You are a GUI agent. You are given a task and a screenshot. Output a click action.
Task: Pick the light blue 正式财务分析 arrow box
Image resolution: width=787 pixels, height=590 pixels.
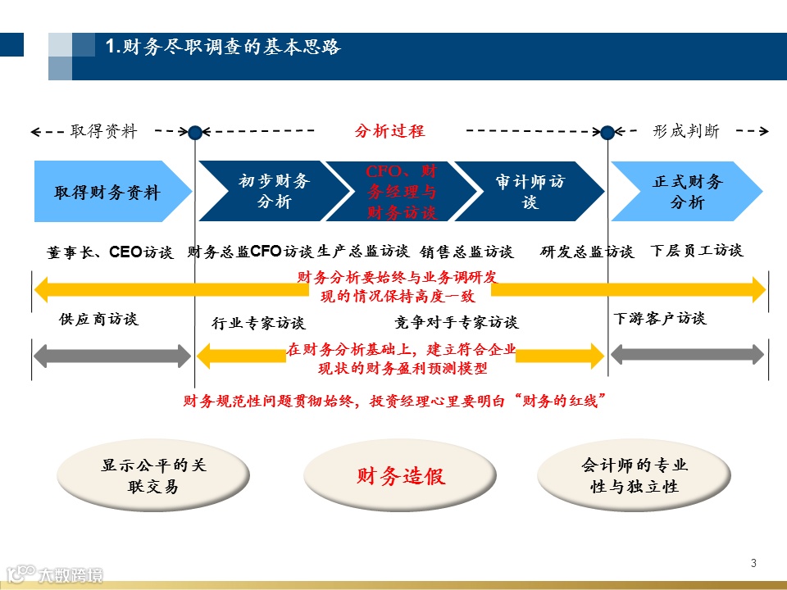pos(687,191)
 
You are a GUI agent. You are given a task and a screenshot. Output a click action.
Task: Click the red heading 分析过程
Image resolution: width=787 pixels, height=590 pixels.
pos(389,131)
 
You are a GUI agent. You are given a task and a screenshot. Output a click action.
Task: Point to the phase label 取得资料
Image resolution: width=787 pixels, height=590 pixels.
pos(104,131)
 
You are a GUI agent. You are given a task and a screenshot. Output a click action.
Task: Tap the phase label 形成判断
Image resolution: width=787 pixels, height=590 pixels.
pos(686,131)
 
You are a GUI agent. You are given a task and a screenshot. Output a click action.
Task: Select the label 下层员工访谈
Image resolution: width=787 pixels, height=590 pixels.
pos(696,251)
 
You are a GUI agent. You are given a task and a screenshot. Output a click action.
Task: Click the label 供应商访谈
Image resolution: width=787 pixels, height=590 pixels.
pos(98,320)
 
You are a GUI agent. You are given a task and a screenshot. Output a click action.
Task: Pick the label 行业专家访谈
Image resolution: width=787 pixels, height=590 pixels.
pos(257,323)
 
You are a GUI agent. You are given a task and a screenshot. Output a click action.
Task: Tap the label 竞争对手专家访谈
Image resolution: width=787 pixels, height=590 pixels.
pos(456,322)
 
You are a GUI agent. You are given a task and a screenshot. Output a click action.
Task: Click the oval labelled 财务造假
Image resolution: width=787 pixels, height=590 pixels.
pos(401,476)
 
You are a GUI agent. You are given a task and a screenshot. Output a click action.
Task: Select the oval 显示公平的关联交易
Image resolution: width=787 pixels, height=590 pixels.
pos(153,476)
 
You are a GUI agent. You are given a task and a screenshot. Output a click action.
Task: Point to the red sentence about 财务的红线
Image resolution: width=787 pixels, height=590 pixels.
pos(394,402)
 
